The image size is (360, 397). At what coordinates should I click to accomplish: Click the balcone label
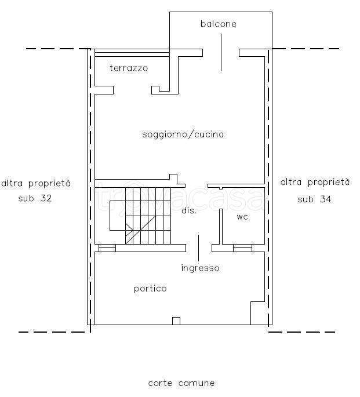tap(219, 24)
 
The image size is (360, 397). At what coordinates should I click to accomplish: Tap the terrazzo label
tap(129, 68)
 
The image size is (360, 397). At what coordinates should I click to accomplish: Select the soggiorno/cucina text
tap(183, 134)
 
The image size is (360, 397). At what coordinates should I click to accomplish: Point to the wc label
tap(242, 217)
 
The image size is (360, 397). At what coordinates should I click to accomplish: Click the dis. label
tap(189, 210)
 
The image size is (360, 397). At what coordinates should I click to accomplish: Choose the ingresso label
tap(200, 268)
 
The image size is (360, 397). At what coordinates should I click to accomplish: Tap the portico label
tap(150, 289)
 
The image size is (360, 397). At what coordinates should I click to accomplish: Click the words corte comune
tap(181, 383)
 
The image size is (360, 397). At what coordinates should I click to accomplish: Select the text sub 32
tap(35, 198)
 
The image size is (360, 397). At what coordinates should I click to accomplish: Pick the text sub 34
tap(314, 199)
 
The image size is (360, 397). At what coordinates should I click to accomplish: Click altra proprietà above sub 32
tap(36, 183)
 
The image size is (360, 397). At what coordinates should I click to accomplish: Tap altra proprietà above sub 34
tap(315, 183)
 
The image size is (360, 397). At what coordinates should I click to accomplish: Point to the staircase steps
tap(148, 216)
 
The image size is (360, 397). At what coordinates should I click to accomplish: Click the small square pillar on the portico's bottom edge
tap(176, 321)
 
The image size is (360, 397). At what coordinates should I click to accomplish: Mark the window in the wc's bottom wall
tap(242, 248)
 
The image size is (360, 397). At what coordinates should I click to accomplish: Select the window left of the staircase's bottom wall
tap(107, 248)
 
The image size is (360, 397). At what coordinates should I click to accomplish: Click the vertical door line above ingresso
tap(198, 248)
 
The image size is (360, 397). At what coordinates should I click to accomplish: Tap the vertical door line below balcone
tap(221, 52)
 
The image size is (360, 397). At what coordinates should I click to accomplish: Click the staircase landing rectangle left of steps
tap(118, 216)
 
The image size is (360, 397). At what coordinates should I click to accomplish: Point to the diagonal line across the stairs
tap(140, 230)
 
